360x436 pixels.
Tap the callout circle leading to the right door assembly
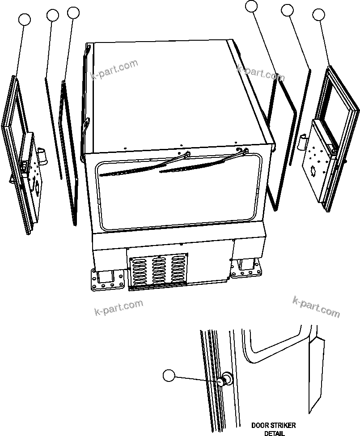[x=319, y=15]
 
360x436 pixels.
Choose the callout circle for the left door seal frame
[x=73, y=13]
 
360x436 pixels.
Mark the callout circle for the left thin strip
[x=53, y=16]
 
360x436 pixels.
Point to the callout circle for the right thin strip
[x=287, y=10]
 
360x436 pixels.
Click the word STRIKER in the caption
[x=280, y=425]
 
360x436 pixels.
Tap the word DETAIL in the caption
[x=274, y=433]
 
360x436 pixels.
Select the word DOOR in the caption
[x=258, y=425]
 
